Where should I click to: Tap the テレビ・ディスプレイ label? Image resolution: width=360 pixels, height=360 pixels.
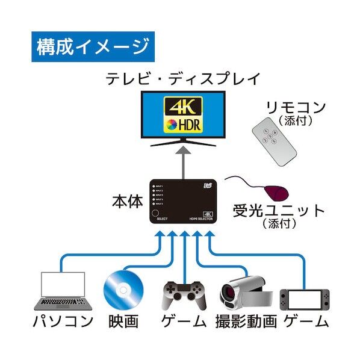tap(183, 78)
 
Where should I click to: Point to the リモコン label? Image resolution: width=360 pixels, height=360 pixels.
tap(297, 108)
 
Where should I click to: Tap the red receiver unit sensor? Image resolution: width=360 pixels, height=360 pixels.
tap(276, 193)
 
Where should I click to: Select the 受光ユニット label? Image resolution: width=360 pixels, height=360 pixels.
tap(279, 211)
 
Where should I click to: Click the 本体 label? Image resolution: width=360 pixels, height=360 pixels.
tap(128, 201)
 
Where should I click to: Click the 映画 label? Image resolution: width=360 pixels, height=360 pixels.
tap(124, 321)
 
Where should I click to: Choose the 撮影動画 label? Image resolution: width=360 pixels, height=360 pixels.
tap(245, 321)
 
